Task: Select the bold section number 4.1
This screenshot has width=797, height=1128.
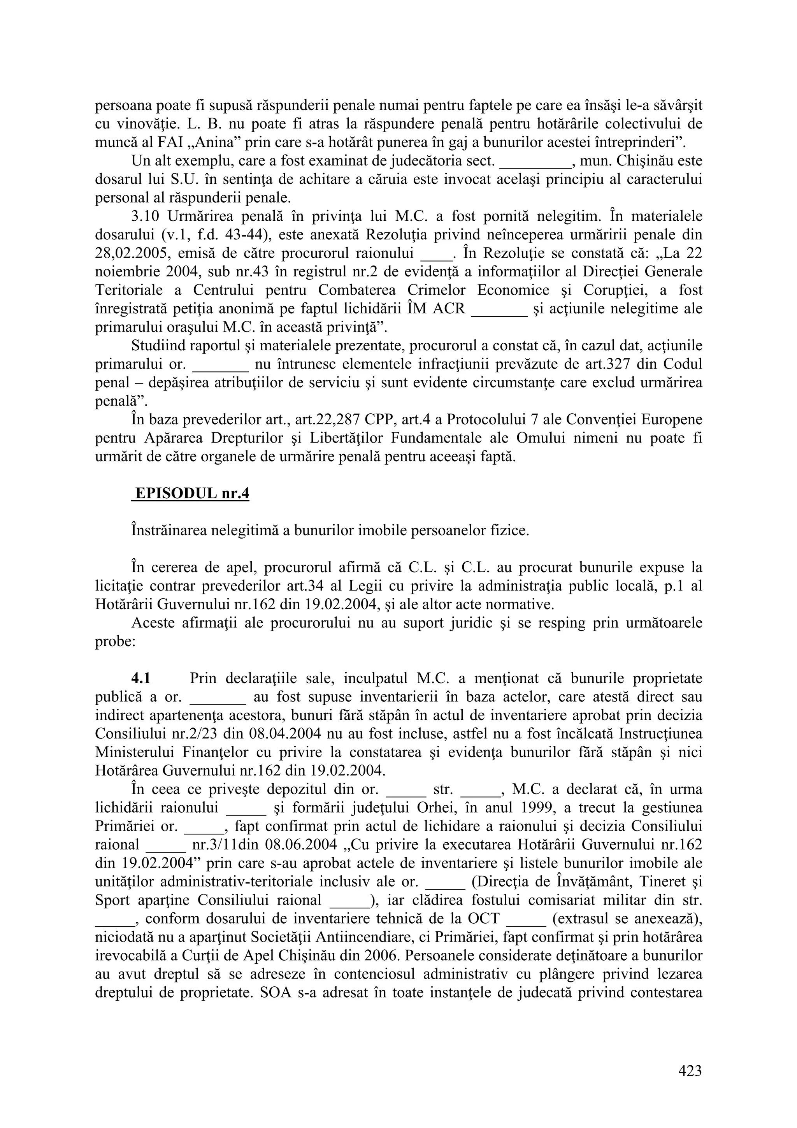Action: coord(140,678)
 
